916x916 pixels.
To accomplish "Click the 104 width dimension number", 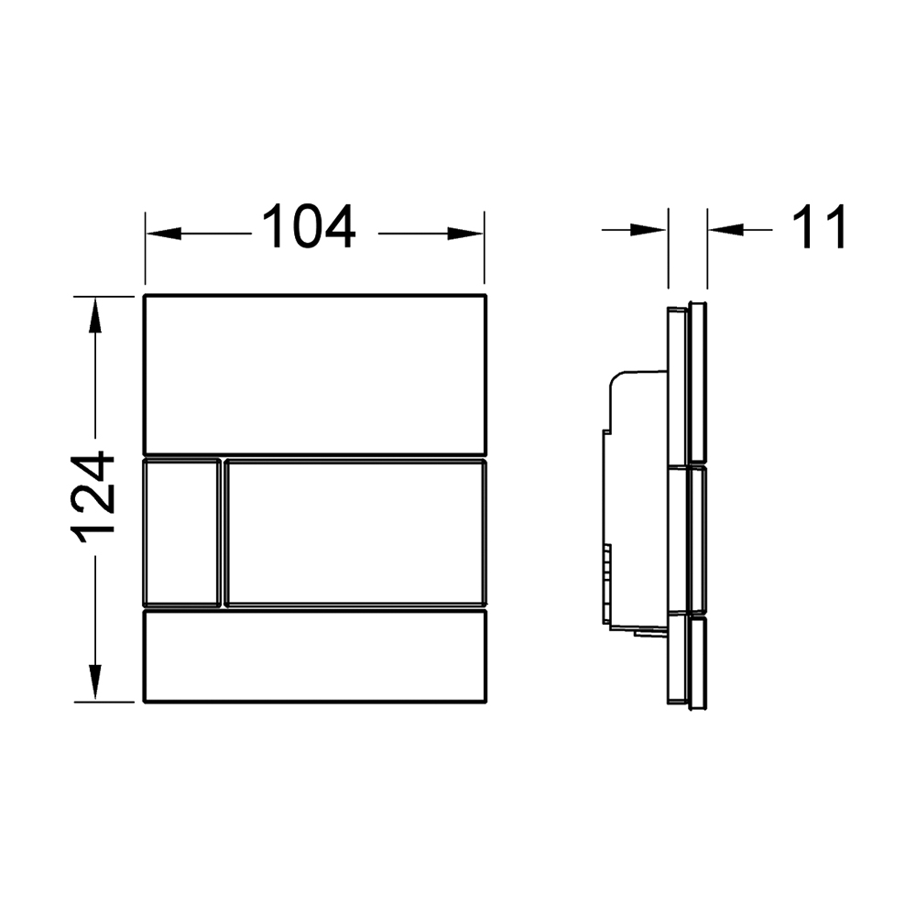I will coord(309,228).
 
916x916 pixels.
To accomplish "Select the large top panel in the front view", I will coord(315,374).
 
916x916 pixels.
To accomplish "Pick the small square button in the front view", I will coord(182,533).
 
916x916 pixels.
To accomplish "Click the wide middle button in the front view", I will coord(355,533).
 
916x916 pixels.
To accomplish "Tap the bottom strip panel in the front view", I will coord(315,656).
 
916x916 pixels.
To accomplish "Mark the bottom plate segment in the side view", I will coord(688,660).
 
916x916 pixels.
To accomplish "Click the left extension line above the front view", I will coord(146,247).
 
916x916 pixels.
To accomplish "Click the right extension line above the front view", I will coord(485,247).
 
